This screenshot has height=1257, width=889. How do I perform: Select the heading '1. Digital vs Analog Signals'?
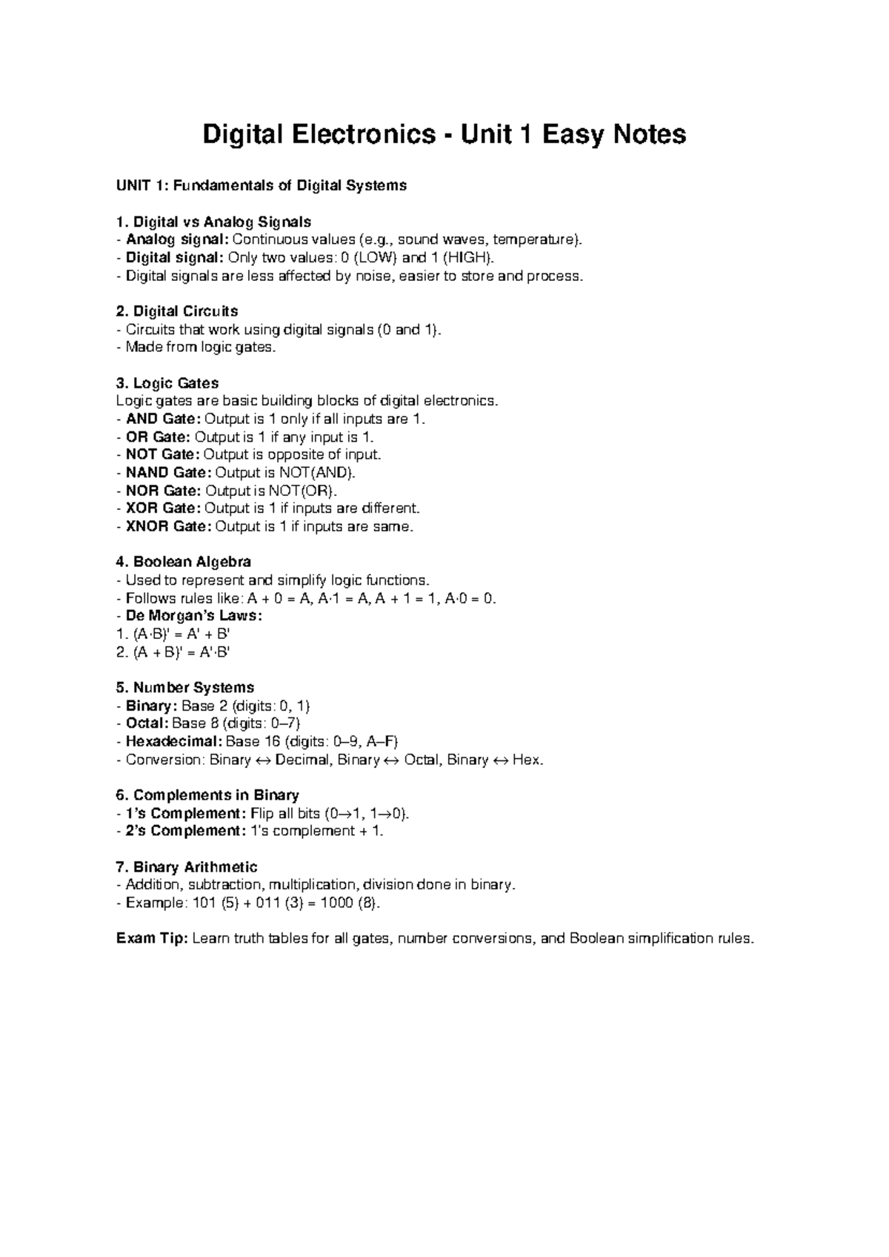214,222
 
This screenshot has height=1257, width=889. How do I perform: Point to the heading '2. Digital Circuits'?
177,311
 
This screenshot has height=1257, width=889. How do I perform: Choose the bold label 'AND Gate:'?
163,419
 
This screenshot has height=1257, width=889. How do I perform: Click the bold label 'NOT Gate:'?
163,454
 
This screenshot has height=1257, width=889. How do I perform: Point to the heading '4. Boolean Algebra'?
184,562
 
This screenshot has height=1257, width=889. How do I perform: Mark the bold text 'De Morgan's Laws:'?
194,616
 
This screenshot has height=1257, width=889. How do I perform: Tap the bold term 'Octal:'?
147,723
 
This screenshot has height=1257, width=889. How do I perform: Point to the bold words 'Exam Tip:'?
153,939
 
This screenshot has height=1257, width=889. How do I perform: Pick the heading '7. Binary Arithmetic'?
187,867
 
